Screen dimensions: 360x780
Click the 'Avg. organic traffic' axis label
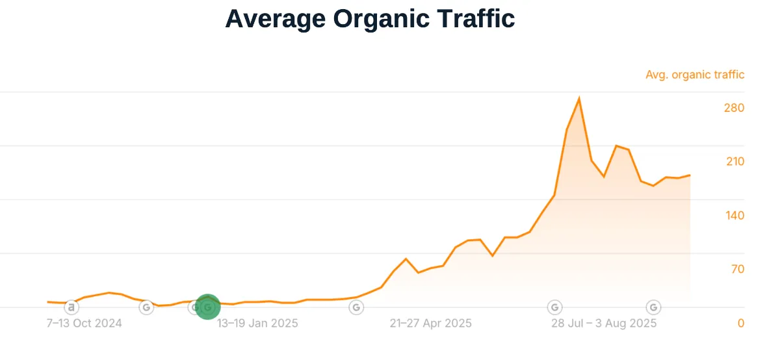point(695,75)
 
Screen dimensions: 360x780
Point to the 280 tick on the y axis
point(734,108)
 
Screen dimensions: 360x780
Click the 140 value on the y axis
point(734,216)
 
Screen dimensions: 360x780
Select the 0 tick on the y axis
point(740,323)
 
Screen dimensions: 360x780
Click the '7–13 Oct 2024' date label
point(84,323)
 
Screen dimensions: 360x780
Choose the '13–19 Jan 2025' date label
point(257,323)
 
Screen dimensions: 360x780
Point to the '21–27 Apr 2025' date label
point(431,323)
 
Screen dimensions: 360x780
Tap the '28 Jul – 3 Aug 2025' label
point(604,323)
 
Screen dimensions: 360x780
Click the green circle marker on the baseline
point(208,307)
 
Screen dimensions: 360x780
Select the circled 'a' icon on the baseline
point(71,307)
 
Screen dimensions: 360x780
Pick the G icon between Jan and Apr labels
point(356,307)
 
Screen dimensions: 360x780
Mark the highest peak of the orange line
point(578,99)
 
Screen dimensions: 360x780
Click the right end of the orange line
point(690,175)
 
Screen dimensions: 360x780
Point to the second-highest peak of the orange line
point(616,146)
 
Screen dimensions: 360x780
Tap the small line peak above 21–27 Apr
point(406,259)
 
